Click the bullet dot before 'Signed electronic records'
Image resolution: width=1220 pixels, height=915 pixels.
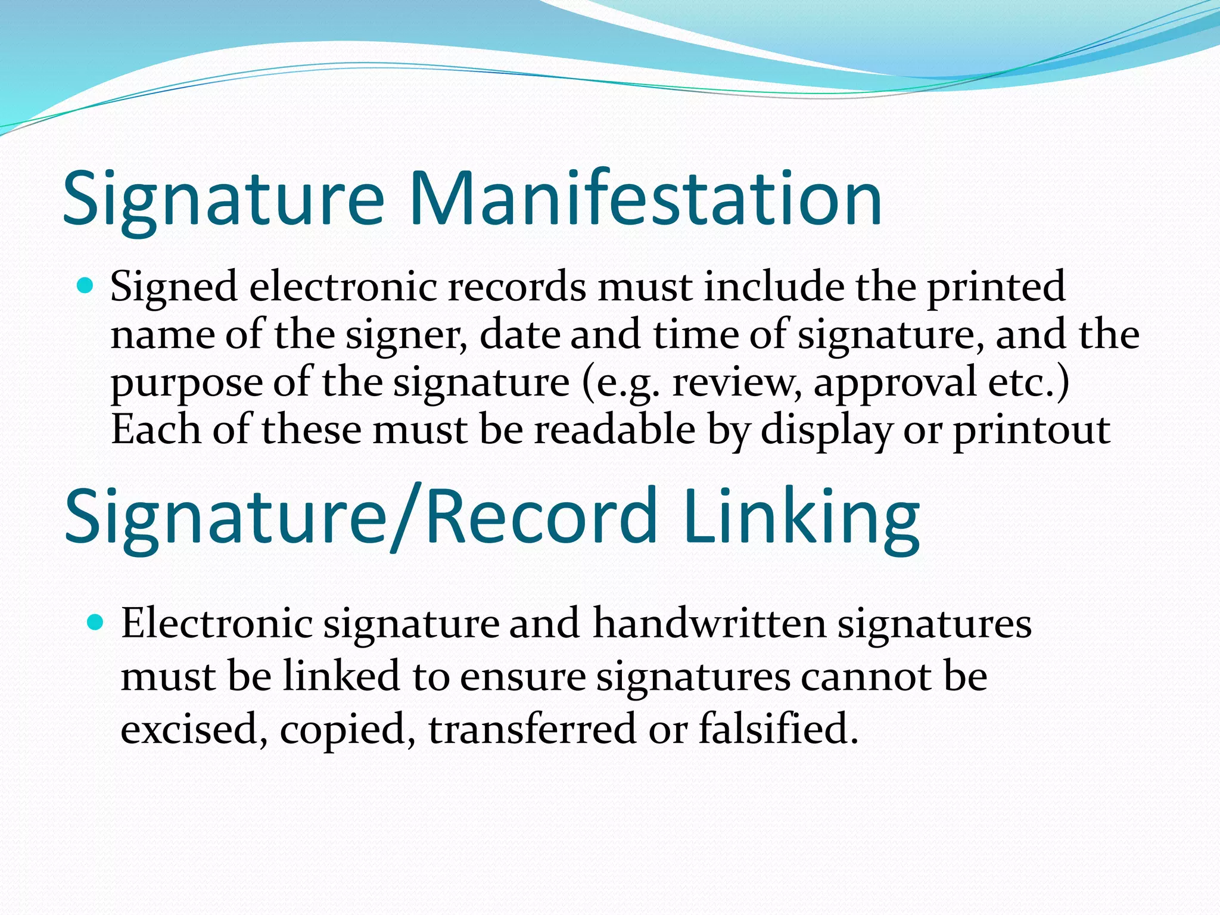point(86,287)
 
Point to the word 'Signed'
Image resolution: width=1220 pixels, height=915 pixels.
point(174,287)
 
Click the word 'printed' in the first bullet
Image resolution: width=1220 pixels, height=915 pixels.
point(995,287)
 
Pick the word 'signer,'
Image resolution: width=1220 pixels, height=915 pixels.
point(406,335)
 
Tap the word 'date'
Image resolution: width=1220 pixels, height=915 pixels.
point(519,335)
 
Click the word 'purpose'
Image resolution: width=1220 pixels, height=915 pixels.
point(186,382)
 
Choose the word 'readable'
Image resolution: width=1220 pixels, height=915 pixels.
point(614,430)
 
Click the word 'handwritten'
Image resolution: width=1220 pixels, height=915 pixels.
point(709,624)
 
